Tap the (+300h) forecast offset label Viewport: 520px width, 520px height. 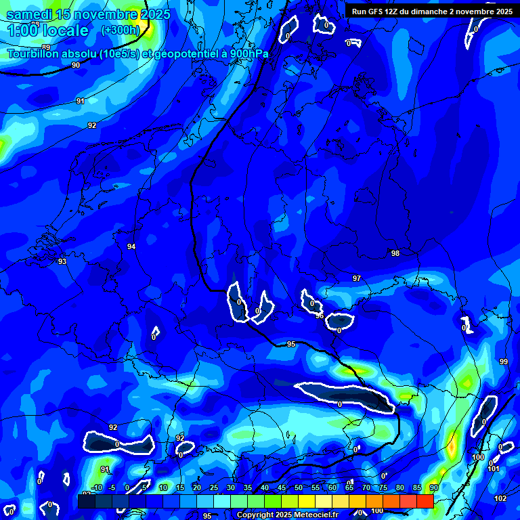tap(121, 30)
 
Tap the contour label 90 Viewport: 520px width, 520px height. tap(75, 65)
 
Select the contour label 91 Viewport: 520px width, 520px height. tap(80, 101)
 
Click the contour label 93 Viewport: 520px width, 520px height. tap(62, 261)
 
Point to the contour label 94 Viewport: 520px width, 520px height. tap(131, 246)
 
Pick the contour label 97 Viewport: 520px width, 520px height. tap(356, 278)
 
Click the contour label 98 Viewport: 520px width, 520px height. tap(395, 253)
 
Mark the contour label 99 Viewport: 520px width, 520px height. tap(503, 362)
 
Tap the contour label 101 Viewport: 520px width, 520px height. tap(493, 469)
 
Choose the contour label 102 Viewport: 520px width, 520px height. tap(500, 498)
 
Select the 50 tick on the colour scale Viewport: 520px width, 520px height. tap(299, 488)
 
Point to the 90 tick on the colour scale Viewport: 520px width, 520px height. tap(433, 488)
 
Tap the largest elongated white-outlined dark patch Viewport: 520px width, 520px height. tap(345, 396)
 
